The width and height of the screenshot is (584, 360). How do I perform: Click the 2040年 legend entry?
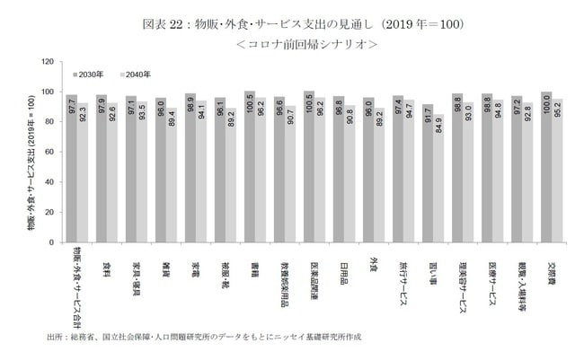tap(135, 73)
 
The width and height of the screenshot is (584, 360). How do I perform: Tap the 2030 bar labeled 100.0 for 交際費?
tap(546, 166)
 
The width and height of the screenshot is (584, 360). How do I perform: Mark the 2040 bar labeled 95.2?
tap(557, 170)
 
